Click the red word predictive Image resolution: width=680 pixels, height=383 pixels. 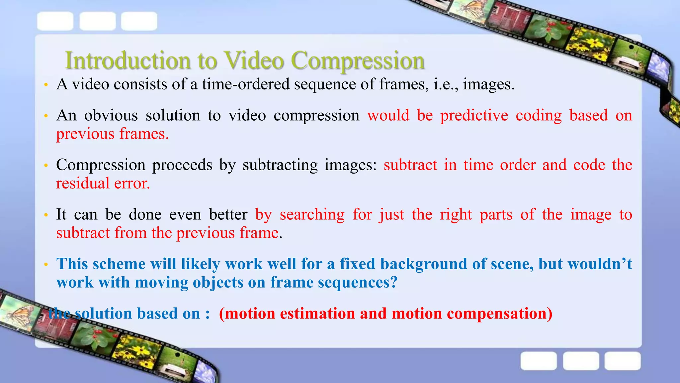tap(474, 116)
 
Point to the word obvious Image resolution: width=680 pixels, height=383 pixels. tap(111, 116)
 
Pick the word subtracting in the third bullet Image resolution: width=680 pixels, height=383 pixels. tap(280, 165)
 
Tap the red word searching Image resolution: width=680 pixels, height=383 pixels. tap(312, 215)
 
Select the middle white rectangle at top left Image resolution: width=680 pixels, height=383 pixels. tap(98, 21)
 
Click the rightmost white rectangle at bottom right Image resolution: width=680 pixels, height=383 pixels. tap(622, 361)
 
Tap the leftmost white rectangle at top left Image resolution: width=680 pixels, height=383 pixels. tap(55, 21)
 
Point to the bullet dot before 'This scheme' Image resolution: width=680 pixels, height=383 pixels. tap(46, 265)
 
